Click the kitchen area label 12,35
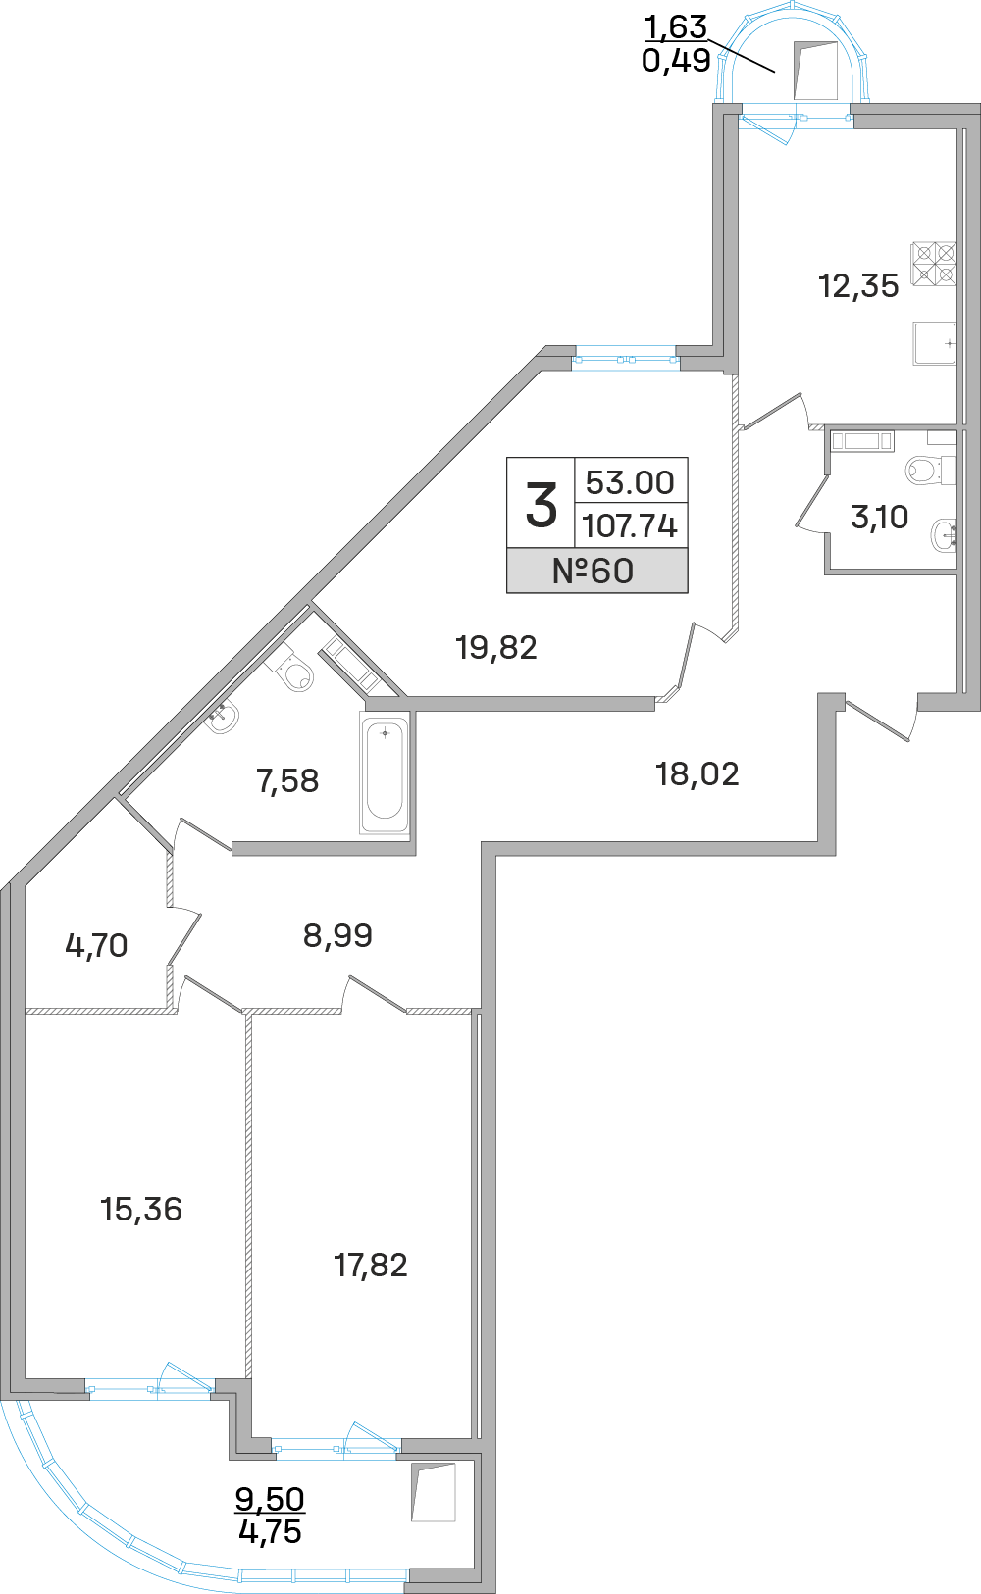[x=858, y=286]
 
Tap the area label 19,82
[x=496, y=647]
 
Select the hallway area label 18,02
[x=697, y=774]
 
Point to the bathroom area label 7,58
[x=287, y=780]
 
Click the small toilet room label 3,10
[x=879, y=517]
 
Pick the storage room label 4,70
[x=96, y=945]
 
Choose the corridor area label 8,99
[x=337, y=935]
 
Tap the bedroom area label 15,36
[x=141, y=1209]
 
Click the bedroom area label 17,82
[x=371, y=1265]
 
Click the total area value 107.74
[x=630, y=526]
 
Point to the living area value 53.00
[x=630, y=482]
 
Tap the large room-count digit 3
[x=541, y=505]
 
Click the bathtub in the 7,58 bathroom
[x=385, y=773]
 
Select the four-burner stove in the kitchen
[x=934, y=264]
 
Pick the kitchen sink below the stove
[x=934, y=343]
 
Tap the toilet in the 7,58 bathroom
[x=294, y=673]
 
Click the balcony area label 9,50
[x=270, y=1498]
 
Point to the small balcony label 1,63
[x=675, y=27]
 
